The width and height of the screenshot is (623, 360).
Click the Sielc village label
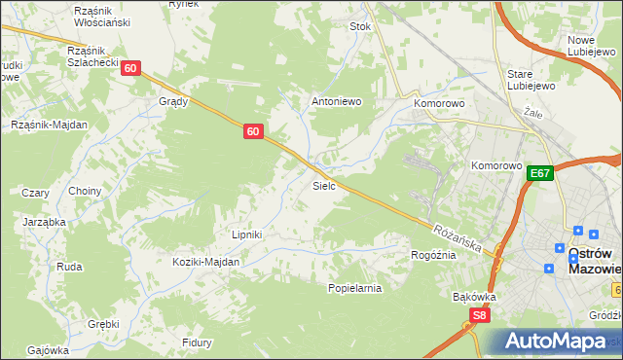[324, 184]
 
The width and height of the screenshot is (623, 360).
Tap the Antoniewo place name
[336, 101]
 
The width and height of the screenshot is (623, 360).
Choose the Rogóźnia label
[433, 255]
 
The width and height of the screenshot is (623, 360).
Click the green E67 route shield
[541, 173]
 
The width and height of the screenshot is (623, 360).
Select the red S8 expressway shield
[479, 315]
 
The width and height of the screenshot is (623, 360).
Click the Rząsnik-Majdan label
[49, 125]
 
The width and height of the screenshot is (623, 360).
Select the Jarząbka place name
[44, 222]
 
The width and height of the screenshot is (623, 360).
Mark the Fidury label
[197, 342]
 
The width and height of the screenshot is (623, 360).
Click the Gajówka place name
[48, 349]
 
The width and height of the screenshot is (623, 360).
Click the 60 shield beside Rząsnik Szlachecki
[132, 67]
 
